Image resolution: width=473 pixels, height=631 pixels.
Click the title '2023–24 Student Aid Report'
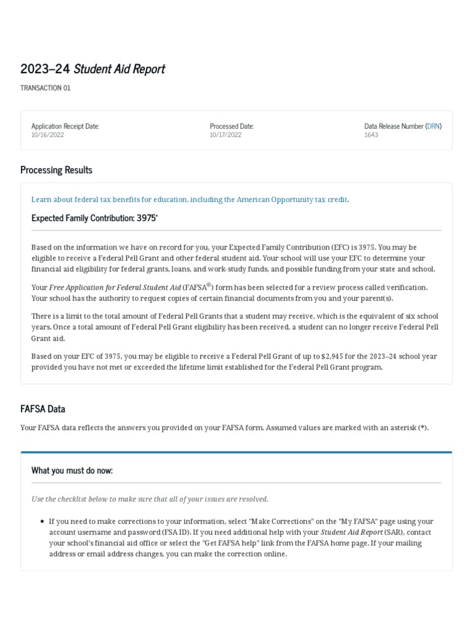point(92,68)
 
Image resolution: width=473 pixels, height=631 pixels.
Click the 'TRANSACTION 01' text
point(46,88)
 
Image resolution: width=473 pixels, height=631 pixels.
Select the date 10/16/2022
point(47,135)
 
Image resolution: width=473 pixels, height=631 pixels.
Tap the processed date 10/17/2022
point(225,135)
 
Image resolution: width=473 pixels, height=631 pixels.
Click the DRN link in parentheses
point(433,126)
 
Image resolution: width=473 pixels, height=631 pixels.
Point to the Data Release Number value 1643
point(371,135)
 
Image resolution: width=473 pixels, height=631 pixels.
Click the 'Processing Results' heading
point(56,169)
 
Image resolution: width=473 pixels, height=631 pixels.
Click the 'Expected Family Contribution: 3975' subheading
point(94,218)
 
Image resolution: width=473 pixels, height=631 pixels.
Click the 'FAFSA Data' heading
point(42,409)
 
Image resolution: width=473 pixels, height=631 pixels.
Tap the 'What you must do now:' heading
point(72,470)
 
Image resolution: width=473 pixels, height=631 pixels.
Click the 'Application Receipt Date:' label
point(65,126)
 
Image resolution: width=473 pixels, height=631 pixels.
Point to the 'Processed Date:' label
point(232,126)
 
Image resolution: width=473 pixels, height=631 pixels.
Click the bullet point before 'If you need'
point(41,521)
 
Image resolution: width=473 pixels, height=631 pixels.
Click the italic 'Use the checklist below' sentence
point(150,499)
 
